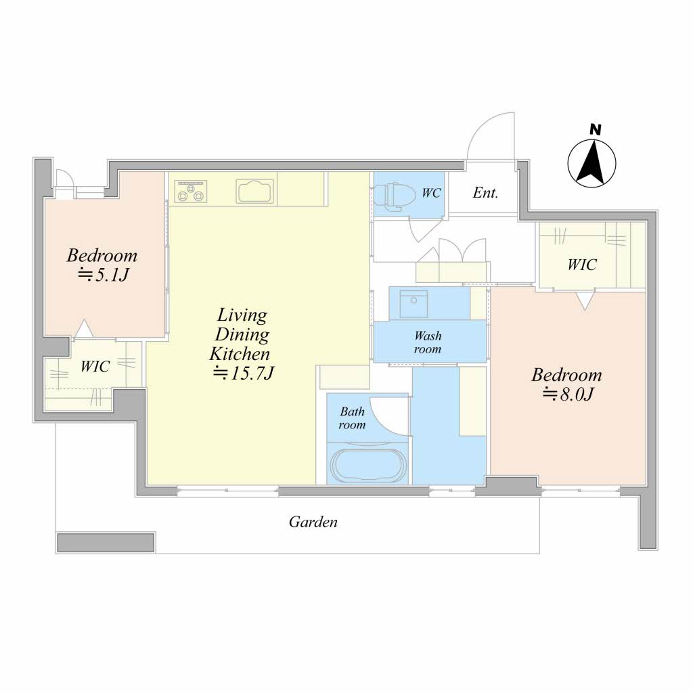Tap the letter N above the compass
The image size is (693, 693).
coord(596,129)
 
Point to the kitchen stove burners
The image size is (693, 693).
coord(191,191)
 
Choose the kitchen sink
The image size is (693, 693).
coord(255,192)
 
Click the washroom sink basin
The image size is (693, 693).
coord(413,304)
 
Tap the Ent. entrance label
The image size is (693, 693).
coord(485,193)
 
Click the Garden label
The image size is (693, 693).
coord(313,522)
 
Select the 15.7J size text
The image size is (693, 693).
coord(244,374)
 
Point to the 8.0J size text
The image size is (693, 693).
coord(568,395)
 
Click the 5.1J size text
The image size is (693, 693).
coord(103,275)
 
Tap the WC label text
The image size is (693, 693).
coord(431,193)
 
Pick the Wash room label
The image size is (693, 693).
coord(428,342)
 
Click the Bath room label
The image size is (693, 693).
coord(352,418)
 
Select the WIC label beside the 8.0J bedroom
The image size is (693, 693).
coord(581,265)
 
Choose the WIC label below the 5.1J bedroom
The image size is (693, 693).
coord(95,366)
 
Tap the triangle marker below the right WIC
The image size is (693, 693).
coord(584,301)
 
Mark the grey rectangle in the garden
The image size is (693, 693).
coord(106,542)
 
